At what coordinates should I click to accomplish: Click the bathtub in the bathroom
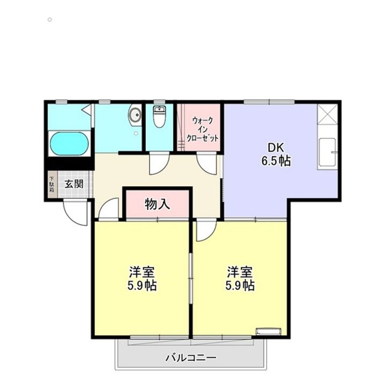tap(69, 144)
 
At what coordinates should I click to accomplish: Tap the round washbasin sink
tap(135, 115)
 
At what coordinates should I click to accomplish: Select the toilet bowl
tap(159, 117)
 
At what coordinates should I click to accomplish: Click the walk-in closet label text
tap(202, 129)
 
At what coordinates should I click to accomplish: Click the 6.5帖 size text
tap(277, 161)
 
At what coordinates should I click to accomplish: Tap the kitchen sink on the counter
tap(326, 153)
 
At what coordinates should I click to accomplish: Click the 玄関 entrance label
tap(73, 184)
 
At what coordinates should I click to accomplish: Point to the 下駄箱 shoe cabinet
tap(52, 184)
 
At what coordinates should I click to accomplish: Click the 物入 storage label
tap(157, 204)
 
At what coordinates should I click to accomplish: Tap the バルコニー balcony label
tap(190, 358)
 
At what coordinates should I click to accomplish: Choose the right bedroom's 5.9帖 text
tap(240, 285)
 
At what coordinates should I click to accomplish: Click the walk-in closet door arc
tap(206, 162)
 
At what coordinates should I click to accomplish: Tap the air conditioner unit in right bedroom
tap(268, 331)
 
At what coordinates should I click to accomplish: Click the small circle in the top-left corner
tap(49, 19)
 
